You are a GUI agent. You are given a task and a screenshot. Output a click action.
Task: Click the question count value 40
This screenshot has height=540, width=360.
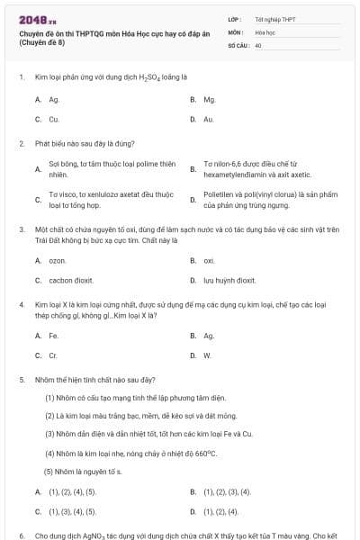click(x=258, y=43)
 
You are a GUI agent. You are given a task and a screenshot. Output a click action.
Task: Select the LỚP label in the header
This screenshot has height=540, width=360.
click(x=235, y=18)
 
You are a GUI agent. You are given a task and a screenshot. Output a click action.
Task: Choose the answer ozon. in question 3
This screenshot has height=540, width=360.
click(x=58, y=260)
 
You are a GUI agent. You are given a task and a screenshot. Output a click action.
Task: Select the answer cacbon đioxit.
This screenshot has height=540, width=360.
click(x=67, y=280)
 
